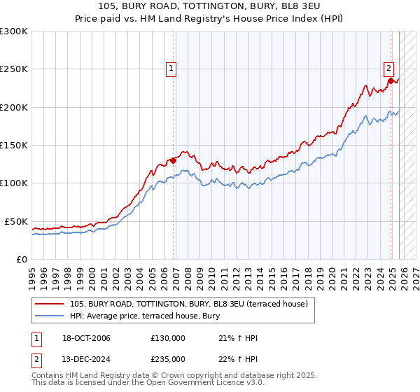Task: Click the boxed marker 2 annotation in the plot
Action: (x=388, y=68)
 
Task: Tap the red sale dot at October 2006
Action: (x=173, y=160)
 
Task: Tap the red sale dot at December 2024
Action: (x=391, y=80)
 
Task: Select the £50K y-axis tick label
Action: (x=16, y=221)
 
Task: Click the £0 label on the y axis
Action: (x=21, y=259)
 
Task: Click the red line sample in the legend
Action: (x=50, y=303)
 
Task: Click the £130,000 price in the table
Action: (x=168, y=338)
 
